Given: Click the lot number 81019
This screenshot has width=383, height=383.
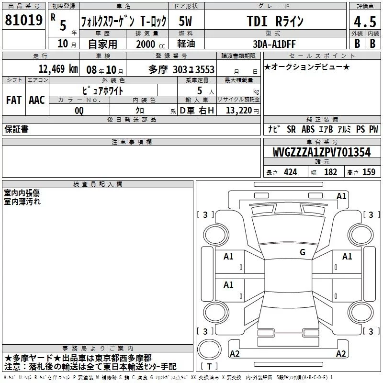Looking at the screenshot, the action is pos(23,20).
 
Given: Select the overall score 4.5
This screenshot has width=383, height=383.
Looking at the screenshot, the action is pos(365,22).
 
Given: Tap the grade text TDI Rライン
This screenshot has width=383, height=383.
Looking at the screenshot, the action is pos(275,21).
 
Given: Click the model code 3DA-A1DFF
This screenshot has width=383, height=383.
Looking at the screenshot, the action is pos(274,44).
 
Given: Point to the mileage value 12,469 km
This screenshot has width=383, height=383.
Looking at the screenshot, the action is pos(58,69).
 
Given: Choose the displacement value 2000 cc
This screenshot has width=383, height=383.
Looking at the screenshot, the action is pos(150,44).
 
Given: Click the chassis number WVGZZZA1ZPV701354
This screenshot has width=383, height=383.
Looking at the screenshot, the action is pos(322,152).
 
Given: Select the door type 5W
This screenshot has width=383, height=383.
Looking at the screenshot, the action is pos(185,21).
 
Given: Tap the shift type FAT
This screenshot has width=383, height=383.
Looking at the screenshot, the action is pos(14,100).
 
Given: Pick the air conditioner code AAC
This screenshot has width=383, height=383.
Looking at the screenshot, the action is pos(37,100).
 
